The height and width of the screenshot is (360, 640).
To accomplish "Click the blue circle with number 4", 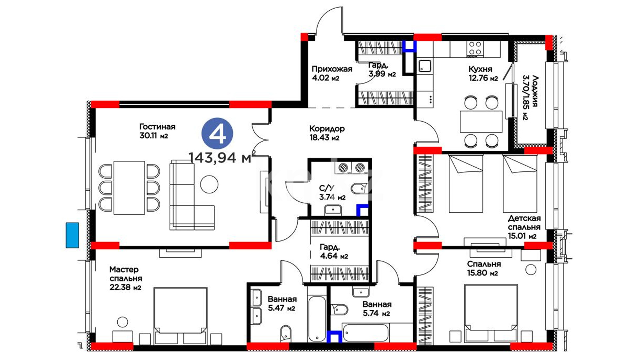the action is point(217,133).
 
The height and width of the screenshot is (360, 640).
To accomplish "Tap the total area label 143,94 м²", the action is point(222,157).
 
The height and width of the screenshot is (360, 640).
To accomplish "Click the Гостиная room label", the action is point(157,127).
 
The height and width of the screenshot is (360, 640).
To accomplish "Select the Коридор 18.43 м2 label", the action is point(327,133).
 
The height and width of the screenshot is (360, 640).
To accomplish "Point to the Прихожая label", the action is point(332,69).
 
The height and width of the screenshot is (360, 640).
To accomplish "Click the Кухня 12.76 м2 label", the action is point(483,73).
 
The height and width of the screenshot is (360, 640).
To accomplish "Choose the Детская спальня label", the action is point(524,223).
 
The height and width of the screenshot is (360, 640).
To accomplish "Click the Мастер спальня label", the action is point(126,274).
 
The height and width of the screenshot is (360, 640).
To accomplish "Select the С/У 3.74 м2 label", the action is point(332,193).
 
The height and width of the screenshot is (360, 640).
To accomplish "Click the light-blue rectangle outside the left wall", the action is point(72,235).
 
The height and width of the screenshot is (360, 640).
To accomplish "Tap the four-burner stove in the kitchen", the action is point(475,49).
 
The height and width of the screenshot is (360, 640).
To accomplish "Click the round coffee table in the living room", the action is point(209,184).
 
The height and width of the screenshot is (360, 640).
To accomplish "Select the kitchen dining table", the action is point(481,122).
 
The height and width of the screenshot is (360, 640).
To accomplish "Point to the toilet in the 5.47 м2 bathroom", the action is point(285,333).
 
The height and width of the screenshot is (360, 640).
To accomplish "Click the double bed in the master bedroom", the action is point(180,316).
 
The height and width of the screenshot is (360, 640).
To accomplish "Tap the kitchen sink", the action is point(425,66).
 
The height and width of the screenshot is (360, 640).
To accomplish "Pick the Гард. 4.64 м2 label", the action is point(334,252).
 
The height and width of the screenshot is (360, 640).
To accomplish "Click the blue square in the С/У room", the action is point(363,210).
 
